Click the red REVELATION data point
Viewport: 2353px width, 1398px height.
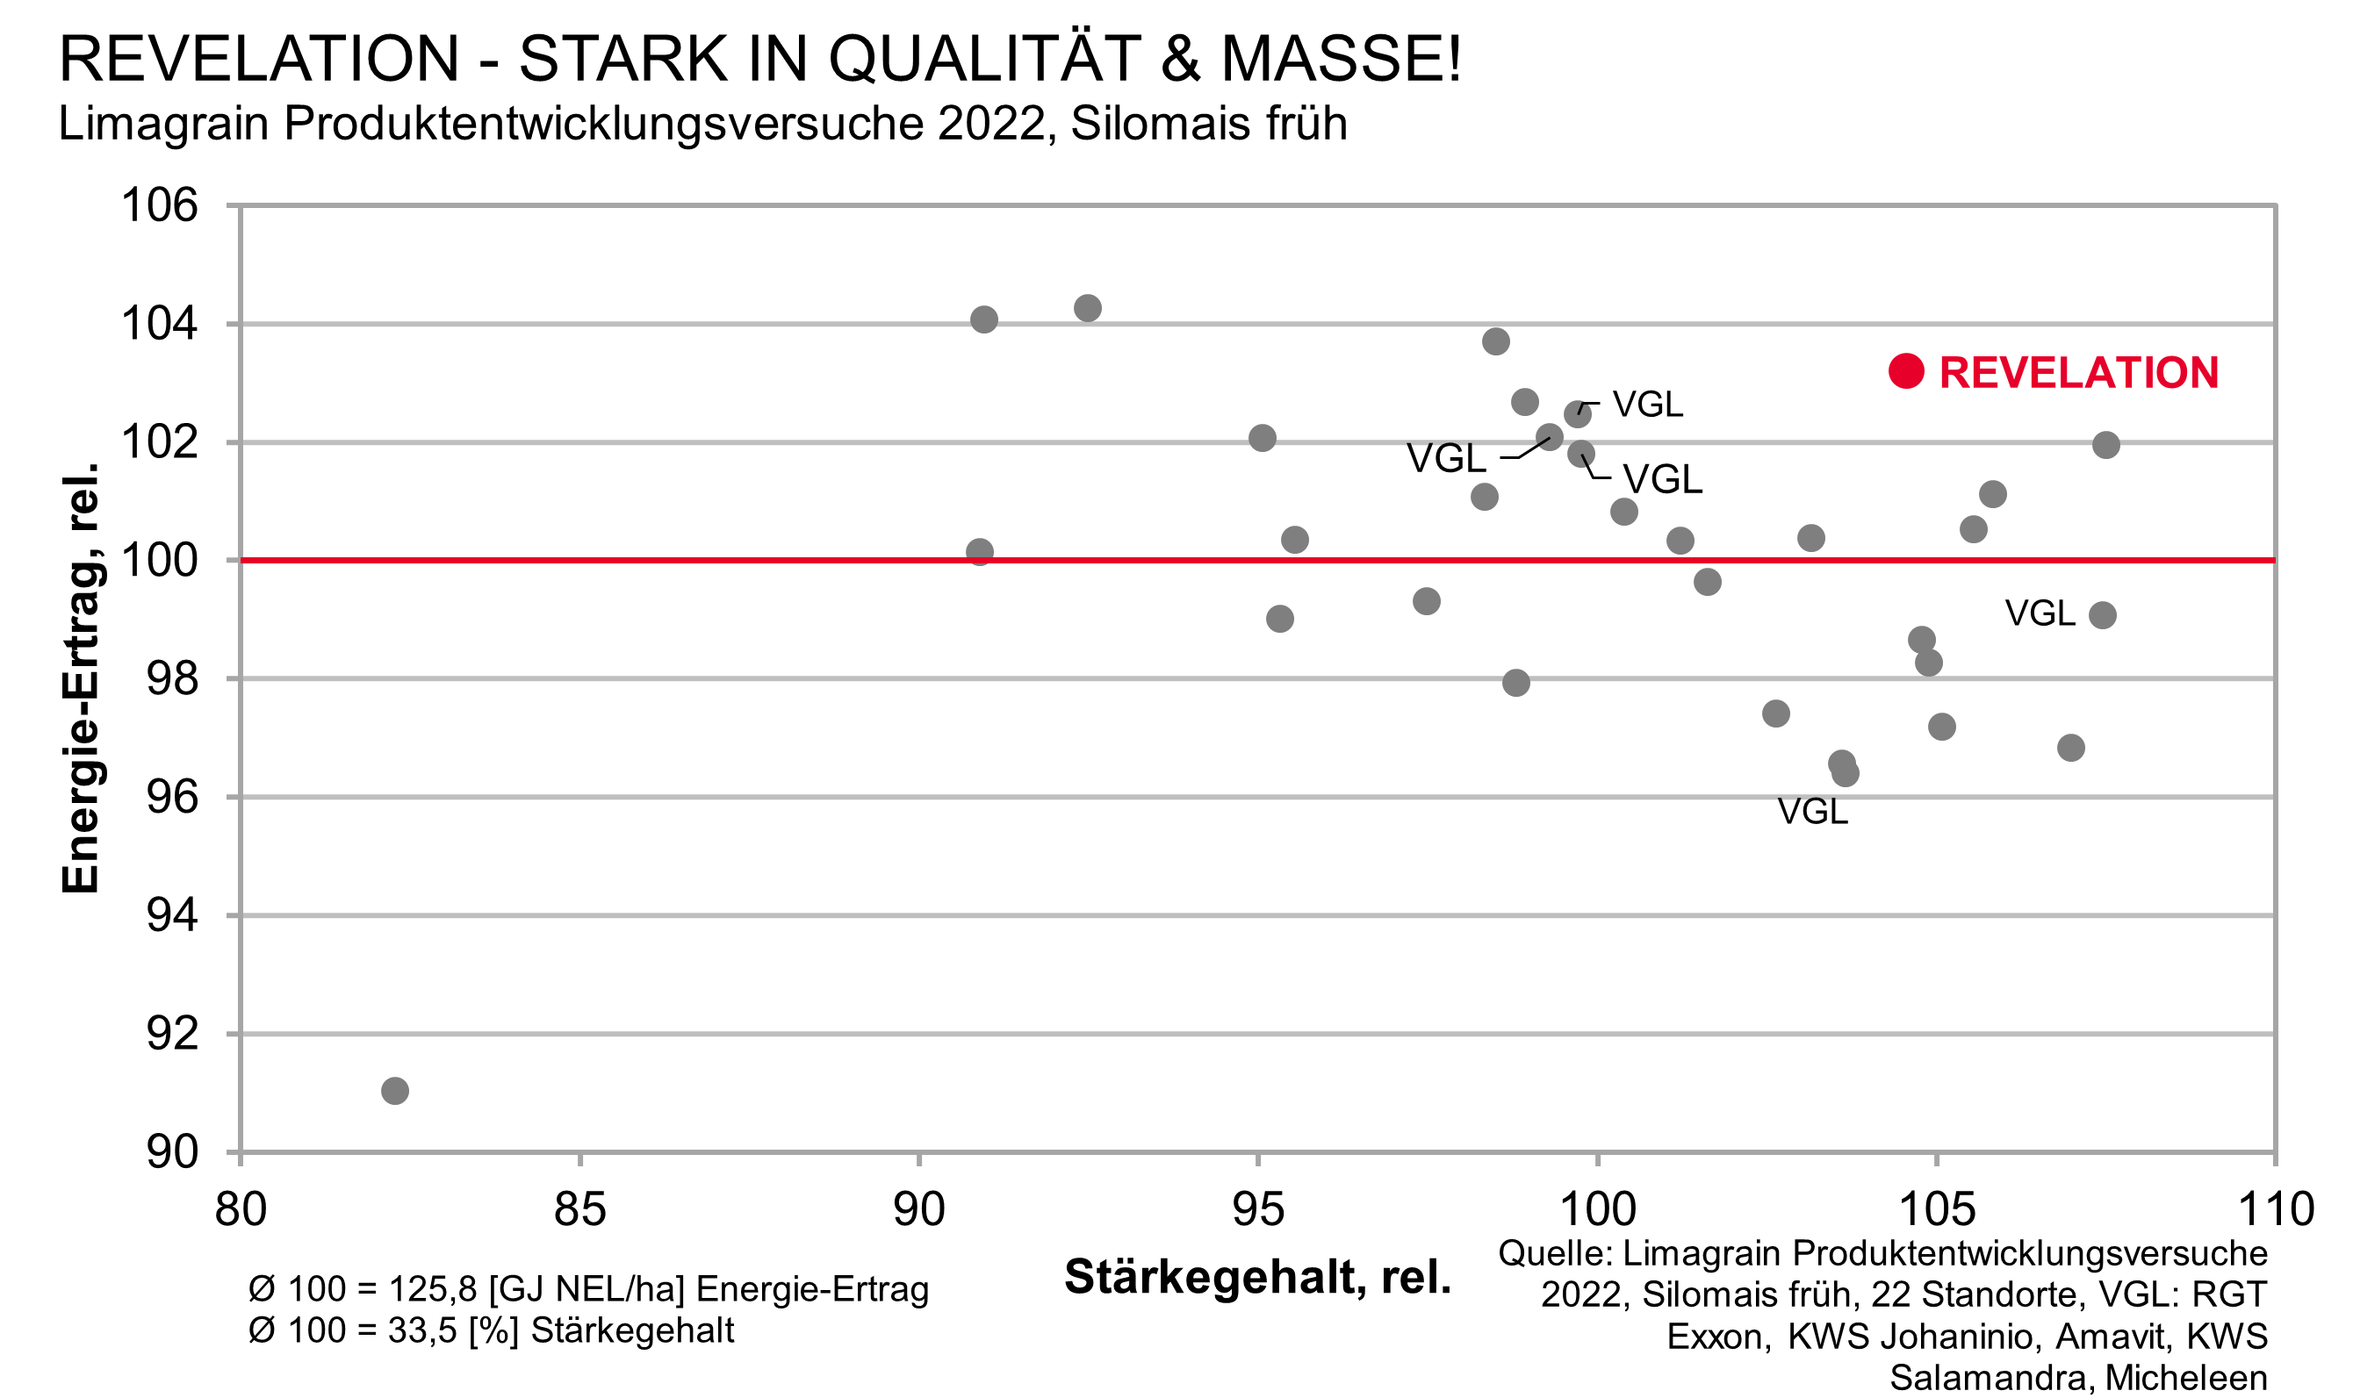click(1906, 371)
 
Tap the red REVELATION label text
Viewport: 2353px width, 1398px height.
click(2078, 373)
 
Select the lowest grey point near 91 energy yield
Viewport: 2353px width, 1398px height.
click(395, 1091)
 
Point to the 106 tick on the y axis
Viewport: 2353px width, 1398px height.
click(160, 205)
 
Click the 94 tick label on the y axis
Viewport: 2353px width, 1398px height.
click(172, 914)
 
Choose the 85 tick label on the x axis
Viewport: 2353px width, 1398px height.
click(579, 1209)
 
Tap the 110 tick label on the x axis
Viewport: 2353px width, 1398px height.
click(2275, 1209)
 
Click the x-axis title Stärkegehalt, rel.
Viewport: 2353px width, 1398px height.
click(1257, 1277)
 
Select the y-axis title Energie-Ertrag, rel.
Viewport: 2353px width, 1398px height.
click(81, 678)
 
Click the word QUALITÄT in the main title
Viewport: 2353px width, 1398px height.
click(984, 59)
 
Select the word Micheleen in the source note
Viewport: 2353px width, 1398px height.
click(2186, 1377)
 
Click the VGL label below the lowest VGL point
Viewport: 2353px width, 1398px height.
click(1812, 811)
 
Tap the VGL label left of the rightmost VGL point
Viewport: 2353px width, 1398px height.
click(2040, 613)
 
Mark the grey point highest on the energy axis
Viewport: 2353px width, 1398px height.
click(1088, 308)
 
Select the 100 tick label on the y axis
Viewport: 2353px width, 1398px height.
click(160, 561)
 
